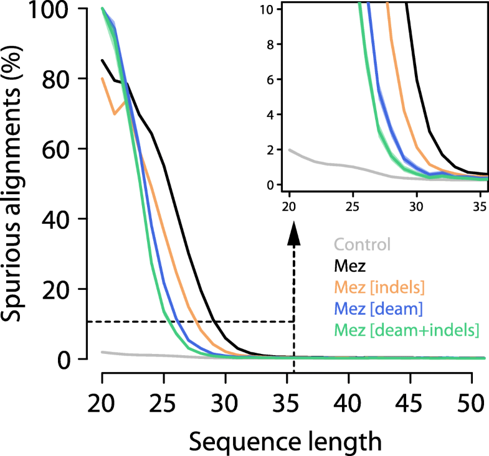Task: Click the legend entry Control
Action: point(363,244)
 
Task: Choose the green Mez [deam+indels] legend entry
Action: point(406,332)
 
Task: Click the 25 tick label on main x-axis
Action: point(164,398)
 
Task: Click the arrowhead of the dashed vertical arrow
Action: point(293,237)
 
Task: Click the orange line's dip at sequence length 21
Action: point(114,114)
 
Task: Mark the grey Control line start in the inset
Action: point(290,150)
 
